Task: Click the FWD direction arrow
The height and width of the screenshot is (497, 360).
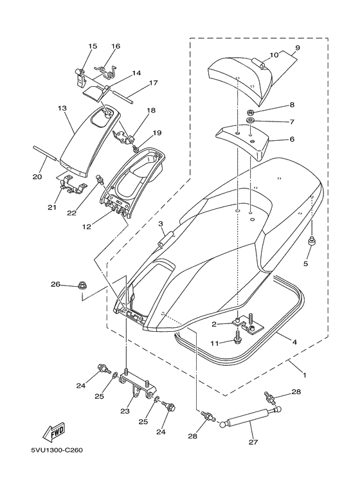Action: click(54, 432)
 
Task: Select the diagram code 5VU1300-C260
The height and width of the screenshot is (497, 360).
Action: click(57, 451)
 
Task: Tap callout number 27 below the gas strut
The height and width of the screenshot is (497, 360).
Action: click(253, 442)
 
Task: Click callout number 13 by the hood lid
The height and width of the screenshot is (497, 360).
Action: click(62, 109)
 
